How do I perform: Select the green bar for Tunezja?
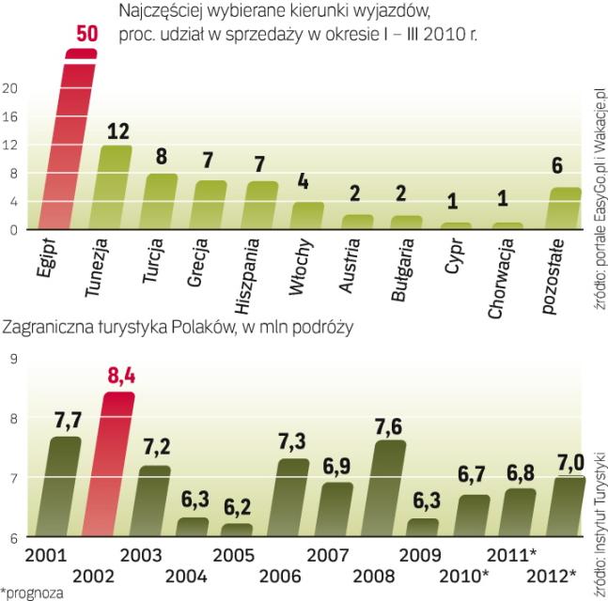[117, 188]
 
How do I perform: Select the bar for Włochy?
[306, 216]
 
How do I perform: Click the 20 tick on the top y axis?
[11, 89]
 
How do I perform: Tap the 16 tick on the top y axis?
[11, 117]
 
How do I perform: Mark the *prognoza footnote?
[30, 592]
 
